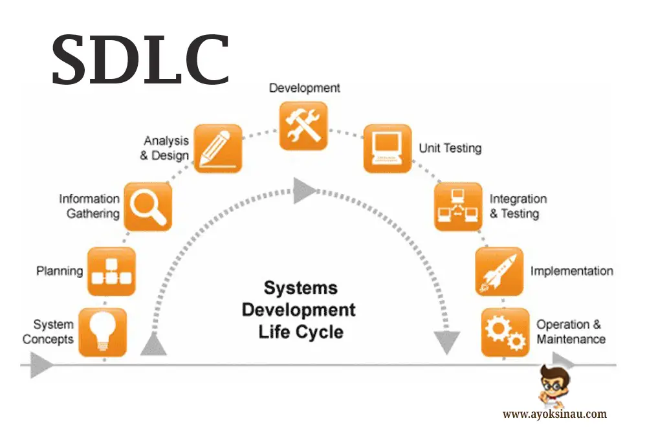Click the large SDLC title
point(140,60)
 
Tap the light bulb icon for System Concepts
point(102,332)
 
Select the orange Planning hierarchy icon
point(111,271)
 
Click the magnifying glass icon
point(148,206)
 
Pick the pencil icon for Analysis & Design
point(218,148)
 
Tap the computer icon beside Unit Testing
point(387,148)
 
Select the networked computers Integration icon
point(457,206)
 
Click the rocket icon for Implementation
point(499,271)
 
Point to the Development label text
point(304,87)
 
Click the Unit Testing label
point(450,148)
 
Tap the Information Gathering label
point(89,206)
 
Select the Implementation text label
point(571,271)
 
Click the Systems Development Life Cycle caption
point(299,309)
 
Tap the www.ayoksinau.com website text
point(554,414)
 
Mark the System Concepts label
point(49,331)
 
